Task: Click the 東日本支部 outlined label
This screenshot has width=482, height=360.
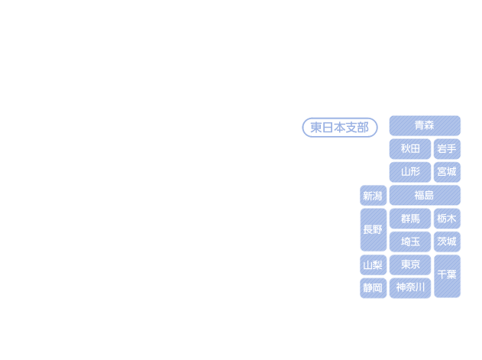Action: [340, 128]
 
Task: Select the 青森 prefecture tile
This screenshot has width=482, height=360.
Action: [425, 125]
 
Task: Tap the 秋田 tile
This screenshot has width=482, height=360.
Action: [410, 149]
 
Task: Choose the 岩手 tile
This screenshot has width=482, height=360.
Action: [447, 149]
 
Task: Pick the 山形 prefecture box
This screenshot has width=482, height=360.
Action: [410, 172]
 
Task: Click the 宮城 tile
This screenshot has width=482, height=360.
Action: [447, 172]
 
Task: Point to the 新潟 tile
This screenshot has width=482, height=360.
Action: [374, 196]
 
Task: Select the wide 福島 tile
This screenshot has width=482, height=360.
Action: [425, 196]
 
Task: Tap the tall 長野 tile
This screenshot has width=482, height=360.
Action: [374, 230]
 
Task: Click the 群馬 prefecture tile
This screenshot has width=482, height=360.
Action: [410, 219]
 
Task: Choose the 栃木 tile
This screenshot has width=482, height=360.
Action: [447, 219]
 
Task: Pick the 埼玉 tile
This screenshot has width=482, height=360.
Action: [410, 242]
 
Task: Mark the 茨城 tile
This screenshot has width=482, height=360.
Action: [447, 242]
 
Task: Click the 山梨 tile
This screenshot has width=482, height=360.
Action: [374, 265]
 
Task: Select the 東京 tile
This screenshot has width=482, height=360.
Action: [410, 265]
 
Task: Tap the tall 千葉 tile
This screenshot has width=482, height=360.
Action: [447, 277]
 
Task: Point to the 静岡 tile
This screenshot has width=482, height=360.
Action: [374, 288]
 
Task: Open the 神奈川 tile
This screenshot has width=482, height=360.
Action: [410, 288]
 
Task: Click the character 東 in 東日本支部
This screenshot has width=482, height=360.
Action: [316, 128]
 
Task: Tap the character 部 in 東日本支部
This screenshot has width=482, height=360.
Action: [363, 128]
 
